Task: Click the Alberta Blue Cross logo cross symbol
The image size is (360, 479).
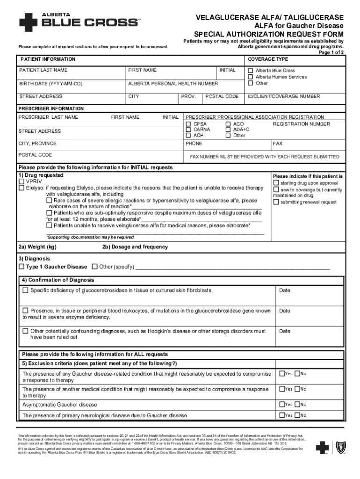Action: point(29,22)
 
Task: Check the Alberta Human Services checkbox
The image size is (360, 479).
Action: point(251,77)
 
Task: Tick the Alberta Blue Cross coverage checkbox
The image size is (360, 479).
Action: point(251,71)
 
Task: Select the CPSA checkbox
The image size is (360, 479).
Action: point(188,124)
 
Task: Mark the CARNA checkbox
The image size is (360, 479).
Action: point(188,130)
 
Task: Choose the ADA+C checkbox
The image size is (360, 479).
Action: point(228,130)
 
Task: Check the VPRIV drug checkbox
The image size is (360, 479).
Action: point(21,181)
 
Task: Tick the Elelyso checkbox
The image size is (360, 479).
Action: point(21,188)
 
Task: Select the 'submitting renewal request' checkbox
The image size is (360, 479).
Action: point(276,202)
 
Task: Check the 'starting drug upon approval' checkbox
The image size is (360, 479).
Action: point(276,183)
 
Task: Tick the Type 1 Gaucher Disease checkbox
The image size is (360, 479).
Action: point(21,267)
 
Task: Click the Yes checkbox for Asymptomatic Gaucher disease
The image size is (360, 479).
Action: point(282,404)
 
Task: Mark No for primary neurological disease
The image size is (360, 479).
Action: point(297,415)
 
